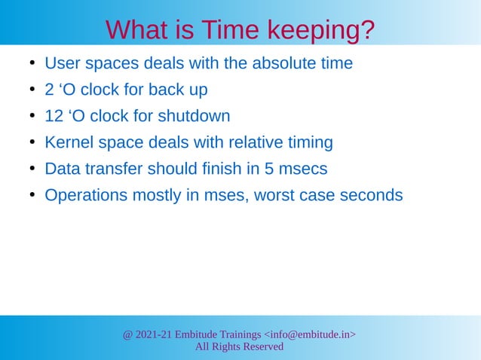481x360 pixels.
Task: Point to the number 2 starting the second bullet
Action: tap(50, 90)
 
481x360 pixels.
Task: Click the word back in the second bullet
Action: tap(165, 90)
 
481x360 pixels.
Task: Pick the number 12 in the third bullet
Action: tap(54, 116)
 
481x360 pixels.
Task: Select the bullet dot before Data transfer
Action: tap(32, 169)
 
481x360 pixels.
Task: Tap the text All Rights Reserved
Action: tap(239, 346)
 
